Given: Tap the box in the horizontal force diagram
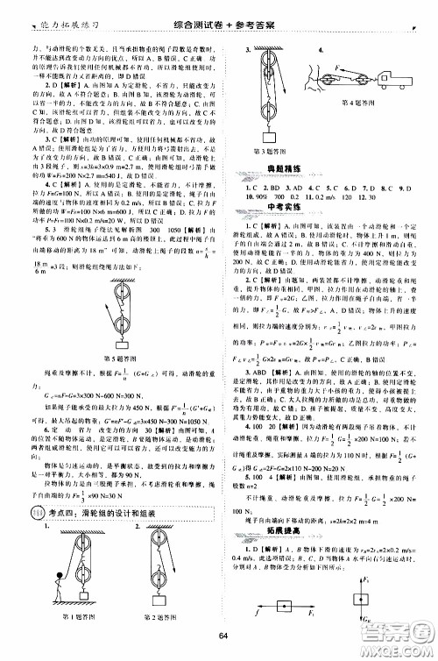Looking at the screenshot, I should [x=283, y=609].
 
